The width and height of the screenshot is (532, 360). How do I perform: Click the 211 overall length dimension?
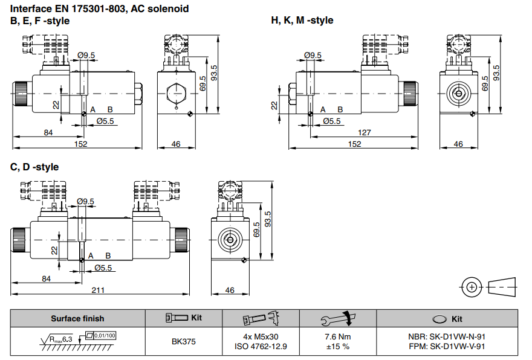point(98,290)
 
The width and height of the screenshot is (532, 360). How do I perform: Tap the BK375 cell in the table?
point(183,342)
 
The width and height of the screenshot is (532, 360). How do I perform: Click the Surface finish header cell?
point(77,318)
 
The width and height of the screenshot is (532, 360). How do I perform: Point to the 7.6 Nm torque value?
point(338,337)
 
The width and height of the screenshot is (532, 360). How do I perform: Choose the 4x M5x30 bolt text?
point(261,337)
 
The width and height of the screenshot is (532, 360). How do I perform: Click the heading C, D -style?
point(34,167)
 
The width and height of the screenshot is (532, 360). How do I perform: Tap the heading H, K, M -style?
point(302,21)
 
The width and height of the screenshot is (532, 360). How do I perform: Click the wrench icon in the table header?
point(338,318)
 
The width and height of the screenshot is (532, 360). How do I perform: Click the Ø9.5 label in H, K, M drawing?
point(313,56)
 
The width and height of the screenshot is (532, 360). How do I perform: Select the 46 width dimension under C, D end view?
point(230,291)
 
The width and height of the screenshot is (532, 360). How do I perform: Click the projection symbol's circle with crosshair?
point(471,287)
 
